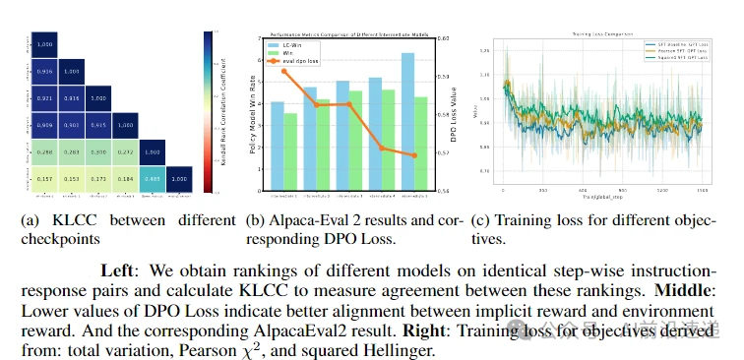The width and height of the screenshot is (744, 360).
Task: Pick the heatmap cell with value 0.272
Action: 125,151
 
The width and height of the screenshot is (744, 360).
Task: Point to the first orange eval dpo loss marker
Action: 283,71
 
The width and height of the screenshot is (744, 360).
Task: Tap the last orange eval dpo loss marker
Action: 414,155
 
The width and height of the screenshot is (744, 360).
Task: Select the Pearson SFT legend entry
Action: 671,51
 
